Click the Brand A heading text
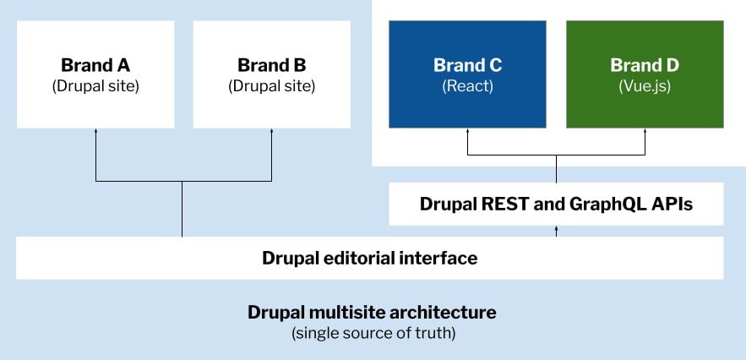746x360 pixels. pyautogui.click(x=95, y=65)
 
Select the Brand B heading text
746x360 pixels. pyautogui.click(x=272, y=65)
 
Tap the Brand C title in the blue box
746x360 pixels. pyautogui.click(x=468, y=65)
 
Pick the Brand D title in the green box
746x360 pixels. pyautogui.click(x=645, y=65)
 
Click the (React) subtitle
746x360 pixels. pyautogui.click(x=468, y=87)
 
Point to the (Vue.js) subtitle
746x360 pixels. pyautogui.click(x=645, y=87)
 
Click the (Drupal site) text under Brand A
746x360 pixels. pyautogui.click(x=95, y=87)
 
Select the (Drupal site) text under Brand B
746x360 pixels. pyautogui.click(x=272, y=87)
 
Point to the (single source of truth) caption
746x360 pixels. pyautogui.click(x=373, y=333)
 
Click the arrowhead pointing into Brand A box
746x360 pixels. pyautogui.click(x=95, y=130)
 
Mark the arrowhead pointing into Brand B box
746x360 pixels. pyautogui.click(x=272, y=130)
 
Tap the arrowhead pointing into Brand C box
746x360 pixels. pyautogui.click(x=468, y=130)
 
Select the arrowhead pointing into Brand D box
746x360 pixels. pyautogui.click(x=645, y=130)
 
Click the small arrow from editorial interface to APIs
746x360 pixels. pyautogui.click(x=556, y=231)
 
